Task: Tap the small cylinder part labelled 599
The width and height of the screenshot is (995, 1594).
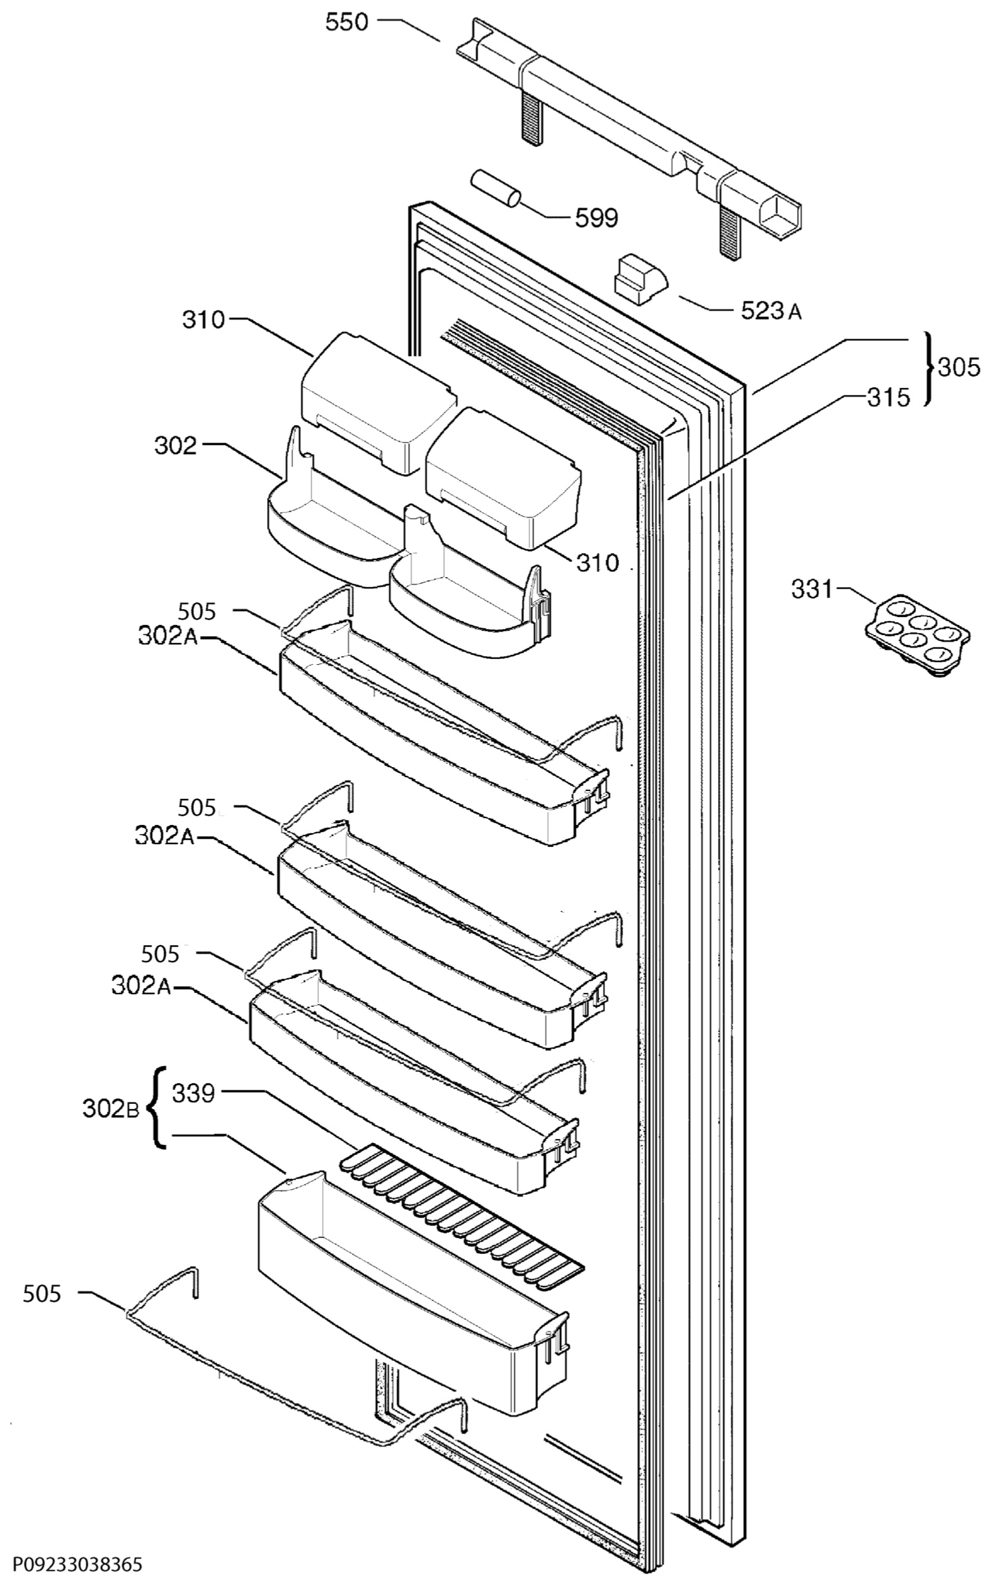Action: (x=495, y=187)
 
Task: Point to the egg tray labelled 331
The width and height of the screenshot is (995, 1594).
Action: (x=917, y=635)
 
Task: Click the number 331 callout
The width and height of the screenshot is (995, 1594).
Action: (x=812, y=588)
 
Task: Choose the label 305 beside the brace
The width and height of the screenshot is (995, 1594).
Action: (x=958, y=367)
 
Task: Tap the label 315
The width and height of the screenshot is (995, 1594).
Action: (x=888, y=397)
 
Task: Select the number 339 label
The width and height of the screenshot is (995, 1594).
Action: (x=193, y=1093)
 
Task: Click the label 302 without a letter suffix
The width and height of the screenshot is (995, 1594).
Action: (x=176, y=446)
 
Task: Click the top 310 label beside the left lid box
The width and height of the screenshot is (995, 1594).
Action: (x=204, y=320)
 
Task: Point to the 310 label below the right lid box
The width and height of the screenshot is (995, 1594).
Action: (x=596, y=563)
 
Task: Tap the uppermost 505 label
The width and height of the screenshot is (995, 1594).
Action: (x=197, y=610)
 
